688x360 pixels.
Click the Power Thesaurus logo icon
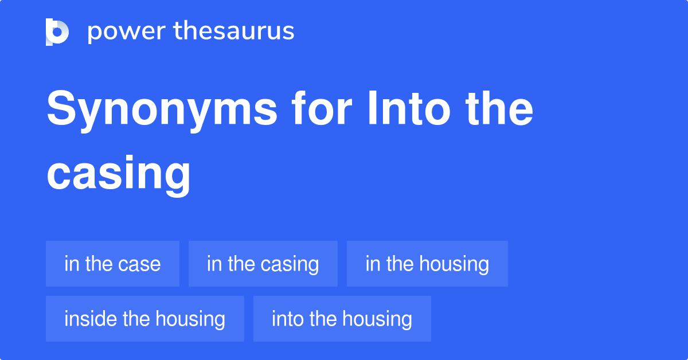(x=57, y=32)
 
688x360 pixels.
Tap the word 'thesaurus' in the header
(x=234, y=32)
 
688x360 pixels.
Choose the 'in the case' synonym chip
(x=112, y=264)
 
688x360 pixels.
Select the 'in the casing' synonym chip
(x=263, y=264)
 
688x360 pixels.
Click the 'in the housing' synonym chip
(x=427, y=264)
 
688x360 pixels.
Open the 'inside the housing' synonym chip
(x=144, y=319)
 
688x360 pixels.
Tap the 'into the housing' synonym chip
(x=342, y=319)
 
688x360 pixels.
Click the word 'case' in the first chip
(x=139, y=264)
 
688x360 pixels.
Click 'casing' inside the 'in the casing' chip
(x=290, y=264)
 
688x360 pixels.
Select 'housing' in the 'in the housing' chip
(x=454, y=264)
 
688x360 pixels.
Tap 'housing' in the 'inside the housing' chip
(x=190, y=319)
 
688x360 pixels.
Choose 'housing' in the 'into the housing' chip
(x=377, y=319)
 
